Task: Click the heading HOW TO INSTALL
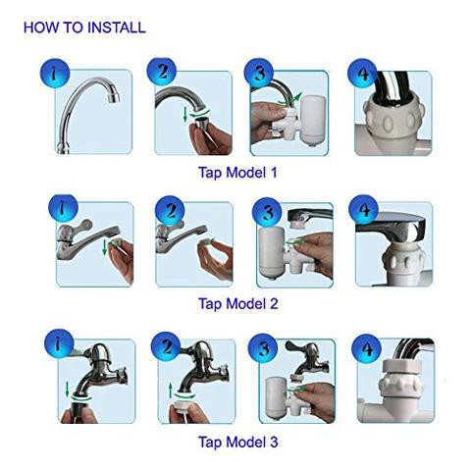click(x=84, y=27)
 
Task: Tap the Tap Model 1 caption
click(x=237, y=173)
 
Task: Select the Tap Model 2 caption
click(x=238, y=303)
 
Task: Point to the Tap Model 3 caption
click(x=238, y=442)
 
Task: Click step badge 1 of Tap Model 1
click(x=55, y=74)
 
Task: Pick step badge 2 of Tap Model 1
click(x=162, y=73)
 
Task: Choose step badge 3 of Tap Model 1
click(x=259, y=74)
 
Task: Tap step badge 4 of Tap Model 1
click(x=362, y=74)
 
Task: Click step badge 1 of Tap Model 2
click(x=63, y=210)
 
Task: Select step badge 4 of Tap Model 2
click(x=363, y=210)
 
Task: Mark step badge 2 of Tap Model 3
click(x=166, y=347)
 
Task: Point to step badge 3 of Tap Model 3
click(x=263, y=348)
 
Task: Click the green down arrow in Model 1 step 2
click(x=185, y=115)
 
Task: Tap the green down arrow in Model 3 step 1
click(x=67, y=389)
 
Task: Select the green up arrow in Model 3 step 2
click(x=171, y=391)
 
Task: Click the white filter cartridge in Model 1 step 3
click(x=311, y=121)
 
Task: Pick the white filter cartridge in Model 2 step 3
click(x=272, y=252)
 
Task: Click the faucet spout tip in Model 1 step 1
click(x=114, y=96)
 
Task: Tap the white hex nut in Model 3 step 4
click(x=400, y=366)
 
